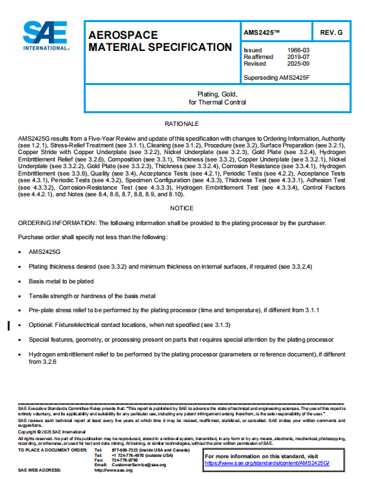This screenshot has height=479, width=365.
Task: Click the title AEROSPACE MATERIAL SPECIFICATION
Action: pos(160,41)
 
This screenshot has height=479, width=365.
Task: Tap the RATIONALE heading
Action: pos(182,125)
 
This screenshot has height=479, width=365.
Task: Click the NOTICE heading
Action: pos(182,208)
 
